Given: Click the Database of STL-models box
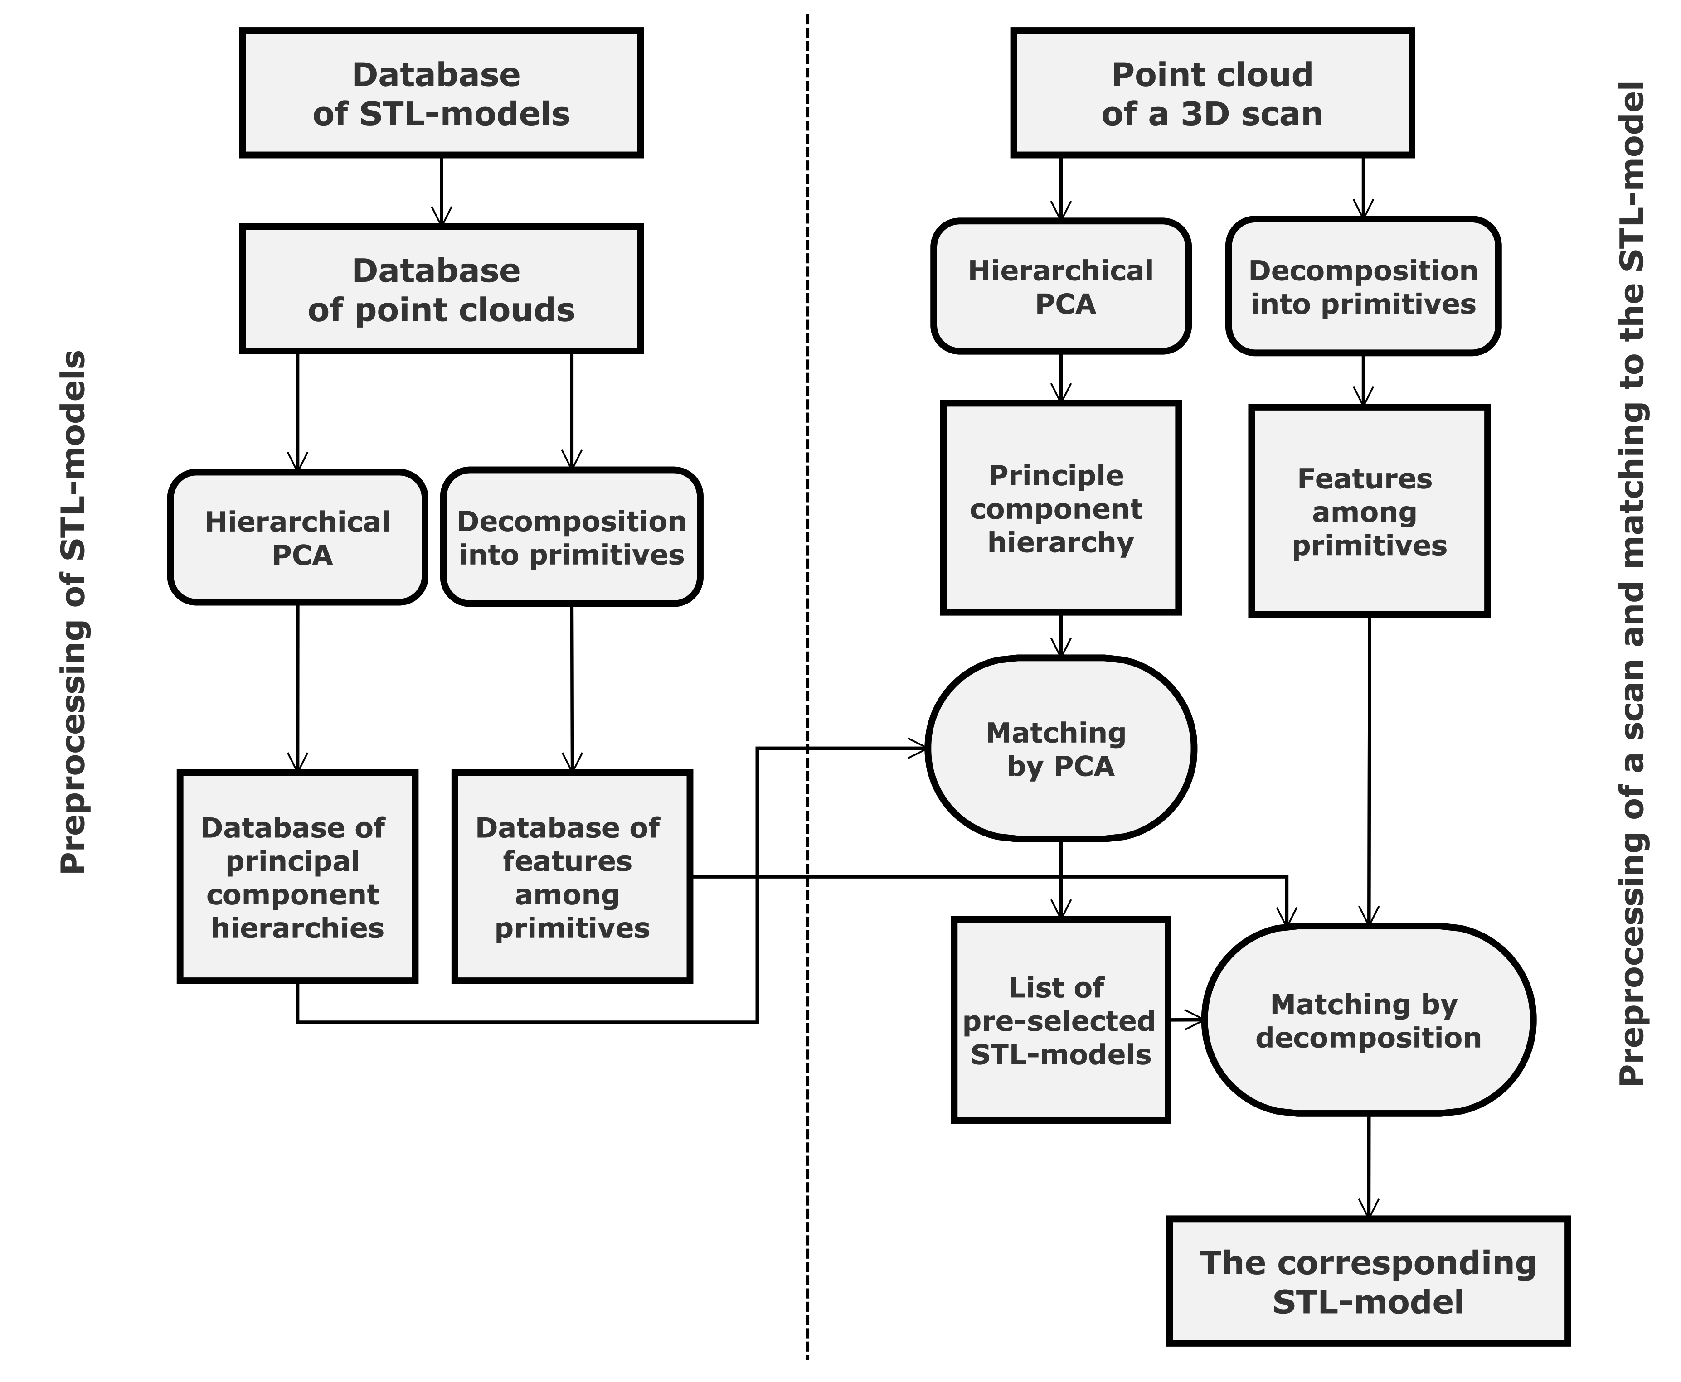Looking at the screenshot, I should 441,93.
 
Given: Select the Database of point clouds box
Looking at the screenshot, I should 441,289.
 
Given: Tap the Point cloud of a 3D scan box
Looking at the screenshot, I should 1211,93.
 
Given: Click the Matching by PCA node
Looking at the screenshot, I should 1060,748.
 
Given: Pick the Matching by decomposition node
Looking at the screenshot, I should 1368,1020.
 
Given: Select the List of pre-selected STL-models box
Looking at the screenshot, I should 1060,1020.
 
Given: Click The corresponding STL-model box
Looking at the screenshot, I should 1368,1281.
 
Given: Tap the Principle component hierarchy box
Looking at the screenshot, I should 1060,508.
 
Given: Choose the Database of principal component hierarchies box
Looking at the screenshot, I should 297,876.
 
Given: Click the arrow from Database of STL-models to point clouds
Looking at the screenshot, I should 441,191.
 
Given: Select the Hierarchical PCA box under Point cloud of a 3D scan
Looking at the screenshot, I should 1060,286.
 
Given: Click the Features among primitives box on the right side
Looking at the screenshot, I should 1368,511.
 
